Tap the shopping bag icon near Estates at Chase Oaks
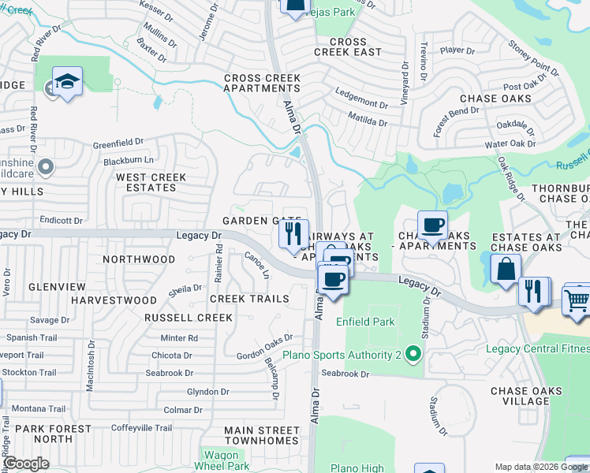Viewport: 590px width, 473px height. click(505, 268)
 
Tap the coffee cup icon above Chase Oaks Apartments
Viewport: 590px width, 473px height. click(431, 225)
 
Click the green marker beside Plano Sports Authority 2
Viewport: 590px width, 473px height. click(412, 356)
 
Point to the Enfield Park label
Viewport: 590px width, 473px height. click(365, 322)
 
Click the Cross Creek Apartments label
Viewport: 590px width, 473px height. click(263, 84)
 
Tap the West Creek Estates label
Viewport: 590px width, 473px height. click(151, 183)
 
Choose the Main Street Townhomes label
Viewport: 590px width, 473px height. click(262, 436)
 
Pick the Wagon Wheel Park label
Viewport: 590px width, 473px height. click(221, 460)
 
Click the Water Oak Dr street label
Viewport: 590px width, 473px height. click(510, 144)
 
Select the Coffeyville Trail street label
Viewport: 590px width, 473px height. click(141, 428)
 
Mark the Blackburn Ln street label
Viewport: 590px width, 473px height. click(128, 161)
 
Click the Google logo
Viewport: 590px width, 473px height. click(26, 464)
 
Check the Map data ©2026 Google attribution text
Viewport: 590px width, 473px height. click(528, 467)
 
